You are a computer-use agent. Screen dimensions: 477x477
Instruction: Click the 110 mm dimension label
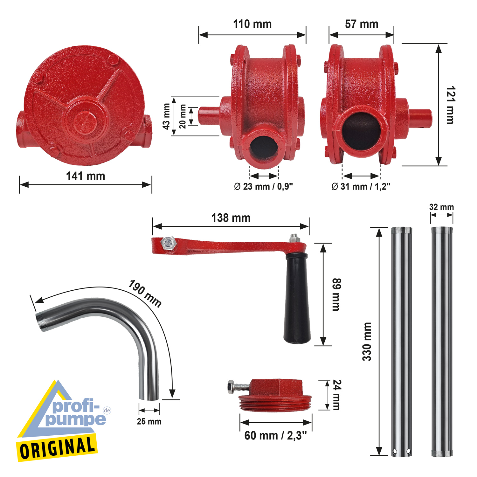tap(252, 24)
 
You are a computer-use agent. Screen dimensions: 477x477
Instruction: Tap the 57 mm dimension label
tap(362, 24)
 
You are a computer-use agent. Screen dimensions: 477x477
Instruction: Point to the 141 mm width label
tap(85, 176)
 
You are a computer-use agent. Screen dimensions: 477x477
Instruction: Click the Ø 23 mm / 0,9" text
tap(263, 186)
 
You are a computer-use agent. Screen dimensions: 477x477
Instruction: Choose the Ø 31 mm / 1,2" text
tap(361, 186)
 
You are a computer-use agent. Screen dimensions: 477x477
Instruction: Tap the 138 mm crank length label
tap(231, 218)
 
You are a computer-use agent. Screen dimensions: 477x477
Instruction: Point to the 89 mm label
tap(336, 294)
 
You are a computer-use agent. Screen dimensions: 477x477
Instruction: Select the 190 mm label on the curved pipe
tap(145, 293)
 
